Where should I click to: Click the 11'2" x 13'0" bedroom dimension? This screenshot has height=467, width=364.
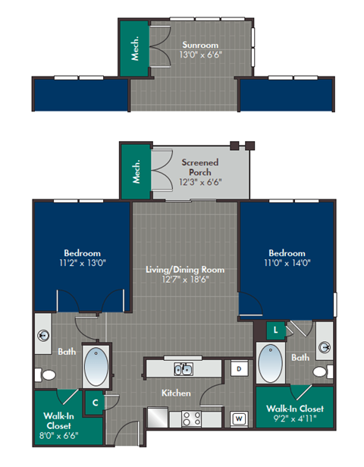(82, 263)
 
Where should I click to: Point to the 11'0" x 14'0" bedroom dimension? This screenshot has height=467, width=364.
(287, 263)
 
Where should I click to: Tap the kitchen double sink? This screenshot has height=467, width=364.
(182, 369)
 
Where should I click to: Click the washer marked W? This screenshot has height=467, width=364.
(238, 418)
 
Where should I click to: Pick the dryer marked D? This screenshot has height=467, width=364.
(237, 368)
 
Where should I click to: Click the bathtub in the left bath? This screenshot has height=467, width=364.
(96, 366)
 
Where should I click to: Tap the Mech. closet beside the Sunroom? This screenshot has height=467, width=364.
(136, 47)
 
